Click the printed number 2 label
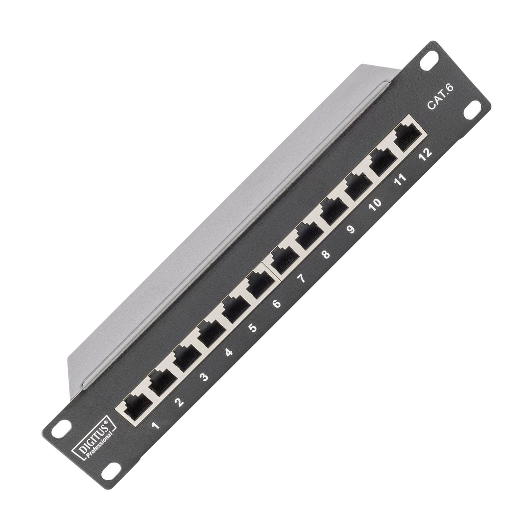[x=180, y=403]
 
